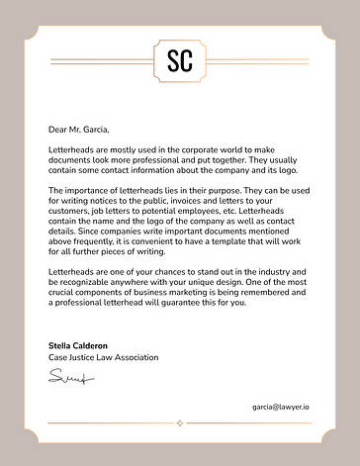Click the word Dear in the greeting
coord(57,129)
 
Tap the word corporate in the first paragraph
coord(195,148)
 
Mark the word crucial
coord(68,299)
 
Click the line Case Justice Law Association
coord(103,357)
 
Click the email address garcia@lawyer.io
coord(280,407)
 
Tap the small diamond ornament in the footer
coord(179,422)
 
